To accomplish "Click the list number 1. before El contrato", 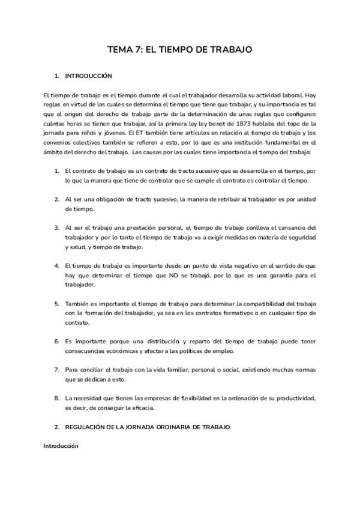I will [57, 170].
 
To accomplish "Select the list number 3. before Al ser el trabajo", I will [57, 227].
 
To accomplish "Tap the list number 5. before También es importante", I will [57, 303].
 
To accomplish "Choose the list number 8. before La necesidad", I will [57, 398].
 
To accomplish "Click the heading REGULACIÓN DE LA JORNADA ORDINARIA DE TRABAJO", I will [147, 427].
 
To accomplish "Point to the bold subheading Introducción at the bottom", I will [61, 446].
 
